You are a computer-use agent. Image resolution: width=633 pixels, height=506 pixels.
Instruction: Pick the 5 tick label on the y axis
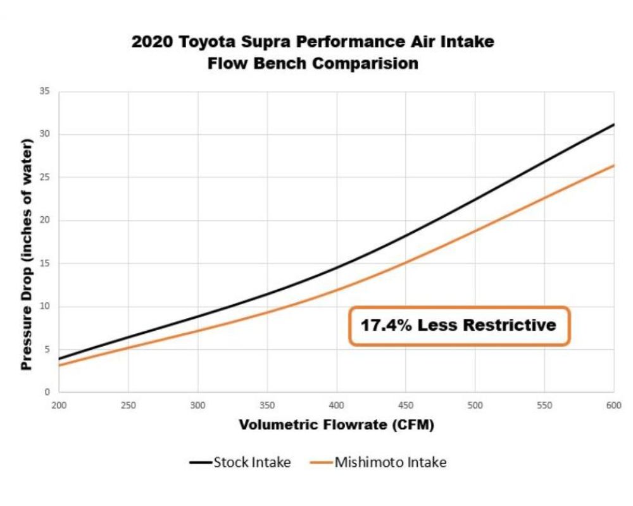[47, 349]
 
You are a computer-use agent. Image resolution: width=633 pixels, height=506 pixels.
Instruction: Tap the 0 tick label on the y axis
[47, 392]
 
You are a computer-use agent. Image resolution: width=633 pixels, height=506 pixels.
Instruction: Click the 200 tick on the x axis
[59, 404]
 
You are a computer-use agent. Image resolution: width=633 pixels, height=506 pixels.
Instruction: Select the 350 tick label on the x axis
[267, 404]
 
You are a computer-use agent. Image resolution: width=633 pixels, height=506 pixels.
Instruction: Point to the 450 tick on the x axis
[406, 404]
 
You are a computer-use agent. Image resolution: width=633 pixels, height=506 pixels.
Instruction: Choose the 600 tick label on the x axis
[613, 404]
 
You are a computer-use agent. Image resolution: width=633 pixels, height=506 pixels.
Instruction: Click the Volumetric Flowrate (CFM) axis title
[336, 424]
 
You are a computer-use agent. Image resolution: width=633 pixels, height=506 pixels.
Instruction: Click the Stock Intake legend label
[252, 462]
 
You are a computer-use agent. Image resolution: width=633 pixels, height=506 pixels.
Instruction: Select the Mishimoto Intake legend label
[391, 462]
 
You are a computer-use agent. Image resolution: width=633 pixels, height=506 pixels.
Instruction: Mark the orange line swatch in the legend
[321, 463]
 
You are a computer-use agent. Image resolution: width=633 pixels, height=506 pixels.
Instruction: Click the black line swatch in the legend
[201, 463]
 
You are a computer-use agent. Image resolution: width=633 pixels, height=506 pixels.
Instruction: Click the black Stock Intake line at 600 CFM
[612, 125]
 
